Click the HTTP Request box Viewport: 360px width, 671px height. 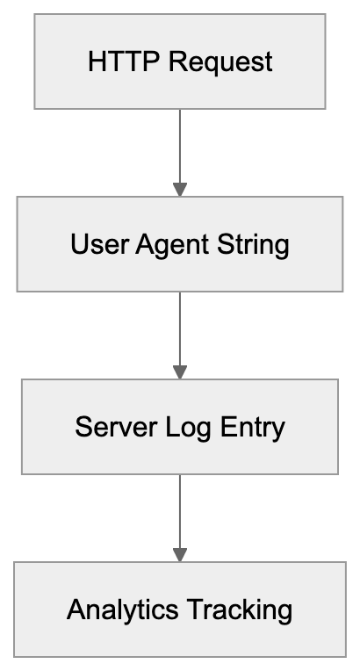[180, 62]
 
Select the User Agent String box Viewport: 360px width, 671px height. [180, 244]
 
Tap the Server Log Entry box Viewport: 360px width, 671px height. [180, 427]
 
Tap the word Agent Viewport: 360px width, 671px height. [161, 245]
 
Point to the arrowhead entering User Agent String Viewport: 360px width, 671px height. [180, 190]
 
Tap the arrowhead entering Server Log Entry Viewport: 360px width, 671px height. [180, 372]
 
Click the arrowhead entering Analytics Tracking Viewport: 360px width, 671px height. [180, 555]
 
